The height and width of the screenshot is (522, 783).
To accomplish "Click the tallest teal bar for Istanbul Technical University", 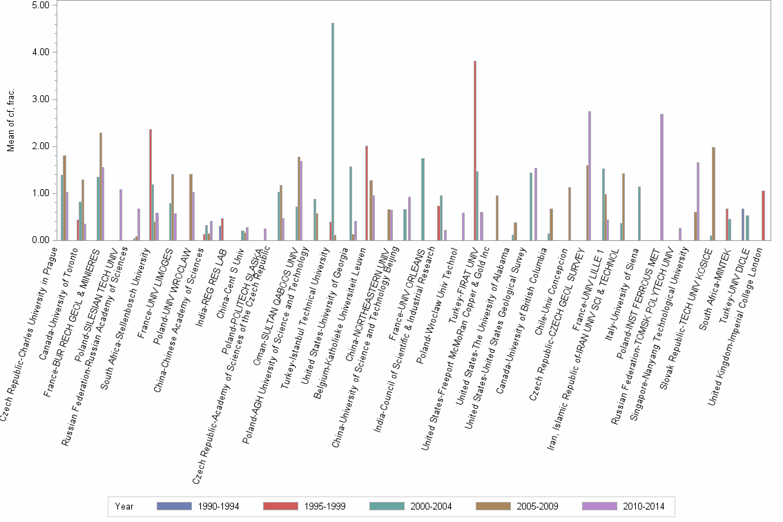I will click(333, 131).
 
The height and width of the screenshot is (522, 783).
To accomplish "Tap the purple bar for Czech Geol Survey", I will click(590, 175).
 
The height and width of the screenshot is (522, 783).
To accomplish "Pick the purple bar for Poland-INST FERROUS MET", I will click(661, 177).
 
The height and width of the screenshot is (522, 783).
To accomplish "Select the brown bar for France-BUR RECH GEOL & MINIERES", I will click(101, 186).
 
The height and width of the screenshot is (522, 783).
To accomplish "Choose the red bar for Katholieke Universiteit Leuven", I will click(367, 193).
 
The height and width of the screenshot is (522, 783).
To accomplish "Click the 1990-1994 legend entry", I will click(199, 507).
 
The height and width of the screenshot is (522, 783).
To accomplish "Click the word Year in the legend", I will click(125, 507).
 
